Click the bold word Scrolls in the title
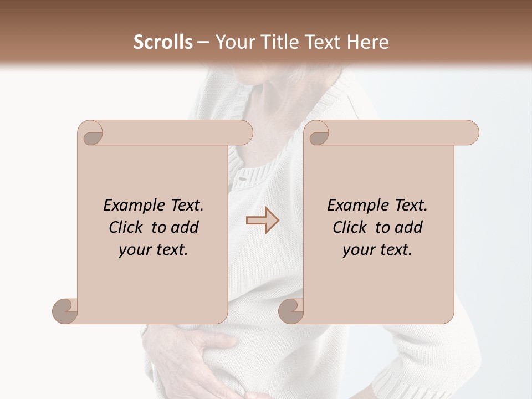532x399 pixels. coord(163,42)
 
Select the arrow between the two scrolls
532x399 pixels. coord(263,221)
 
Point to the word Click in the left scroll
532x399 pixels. coord(127,227)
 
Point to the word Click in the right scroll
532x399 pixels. coord(351,227)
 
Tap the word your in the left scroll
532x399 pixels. coord(134,250)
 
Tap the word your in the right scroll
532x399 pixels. coord(357,250)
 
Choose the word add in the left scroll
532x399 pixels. coord(186,227)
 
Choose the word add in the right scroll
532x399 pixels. coord(410,227)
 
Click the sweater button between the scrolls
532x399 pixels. coord(241,178)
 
